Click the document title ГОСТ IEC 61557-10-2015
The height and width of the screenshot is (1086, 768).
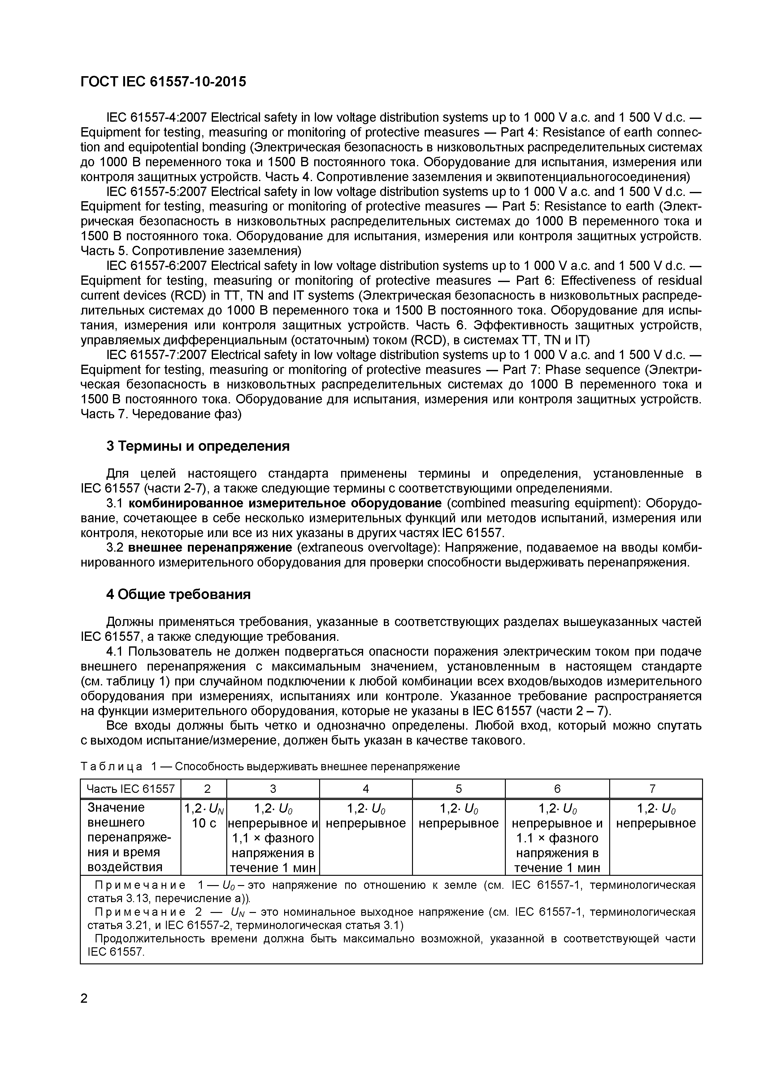coord(163,82)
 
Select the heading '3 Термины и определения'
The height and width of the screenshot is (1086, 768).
coord(198,446)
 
